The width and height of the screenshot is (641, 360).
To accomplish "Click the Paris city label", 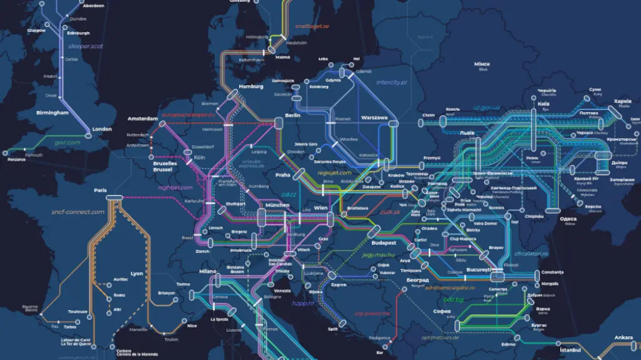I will tap(100, 190).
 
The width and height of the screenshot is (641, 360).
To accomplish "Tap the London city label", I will tap(102, 129).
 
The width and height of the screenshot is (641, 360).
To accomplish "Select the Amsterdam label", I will tap(142, 118).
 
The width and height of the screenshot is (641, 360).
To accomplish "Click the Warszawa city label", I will tap(374, 118).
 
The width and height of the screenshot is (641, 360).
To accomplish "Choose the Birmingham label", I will tap(52, 113).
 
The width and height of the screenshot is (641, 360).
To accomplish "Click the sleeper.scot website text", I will tap(86, 46).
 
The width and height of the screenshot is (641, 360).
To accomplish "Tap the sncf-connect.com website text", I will tap(78, 212).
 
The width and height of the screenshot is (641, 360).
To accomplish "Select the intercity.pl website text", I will tap(391, 82).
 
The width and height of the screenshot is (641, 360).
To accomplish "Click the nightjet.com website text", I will tap(175, 187).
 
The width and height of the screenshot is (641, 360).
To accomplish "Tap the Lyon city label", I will tap(136, 274).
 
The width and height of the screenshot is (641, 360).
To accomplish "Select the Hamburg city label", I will tap(250, 86).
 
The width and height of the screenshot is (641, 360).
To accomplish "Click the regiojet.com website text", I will tap(335, 172).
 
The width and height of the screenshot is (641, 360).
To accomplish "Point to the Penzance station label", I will tap(17, 159).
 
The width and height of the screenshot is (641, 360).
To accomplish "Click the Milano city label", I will tap(208, 271).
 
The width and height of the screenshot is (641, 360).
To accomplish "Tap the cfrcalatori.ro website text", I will tap(531, 254).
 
